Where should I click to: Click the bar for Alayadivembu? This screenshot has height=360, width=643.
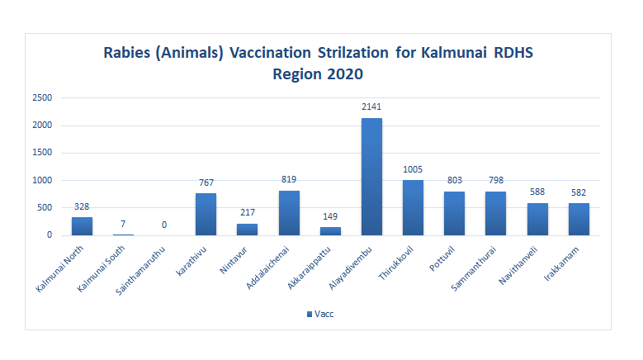[371, 177]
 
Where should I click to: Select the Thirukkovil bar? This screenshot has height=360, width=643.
[413, 207]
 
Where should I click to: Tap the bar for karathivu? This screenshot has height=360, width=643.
[206, 214]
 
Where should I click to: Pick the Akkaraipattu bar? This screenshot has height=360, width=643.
[330, 231]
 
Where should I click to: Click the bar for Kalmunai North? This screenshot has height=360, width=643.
[82, 226]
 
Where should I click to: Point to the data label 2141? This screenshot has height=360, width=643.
[371, 107]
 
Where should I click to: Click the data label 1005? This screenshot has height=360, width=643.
[413, 168]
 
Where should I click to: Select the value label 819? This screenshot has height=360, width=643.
[289, 179]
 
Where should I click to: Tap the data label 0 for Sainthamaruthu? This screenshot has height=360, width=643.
[164, 224]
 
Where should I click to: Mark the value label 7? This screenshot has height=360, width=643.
[123, 224]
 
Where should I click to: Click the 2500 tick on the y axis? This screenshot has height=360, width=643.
[43, 98]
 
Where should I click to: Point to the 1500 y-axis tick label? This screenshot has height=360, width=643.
[43, 153]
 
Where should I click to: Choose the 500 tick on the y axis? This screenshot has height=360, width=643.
[45, 207]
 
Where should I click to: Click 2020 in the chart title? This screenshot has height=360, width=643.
[345, 73]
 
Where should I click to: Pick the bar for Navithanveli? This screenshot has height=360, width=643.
[537, 219]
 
